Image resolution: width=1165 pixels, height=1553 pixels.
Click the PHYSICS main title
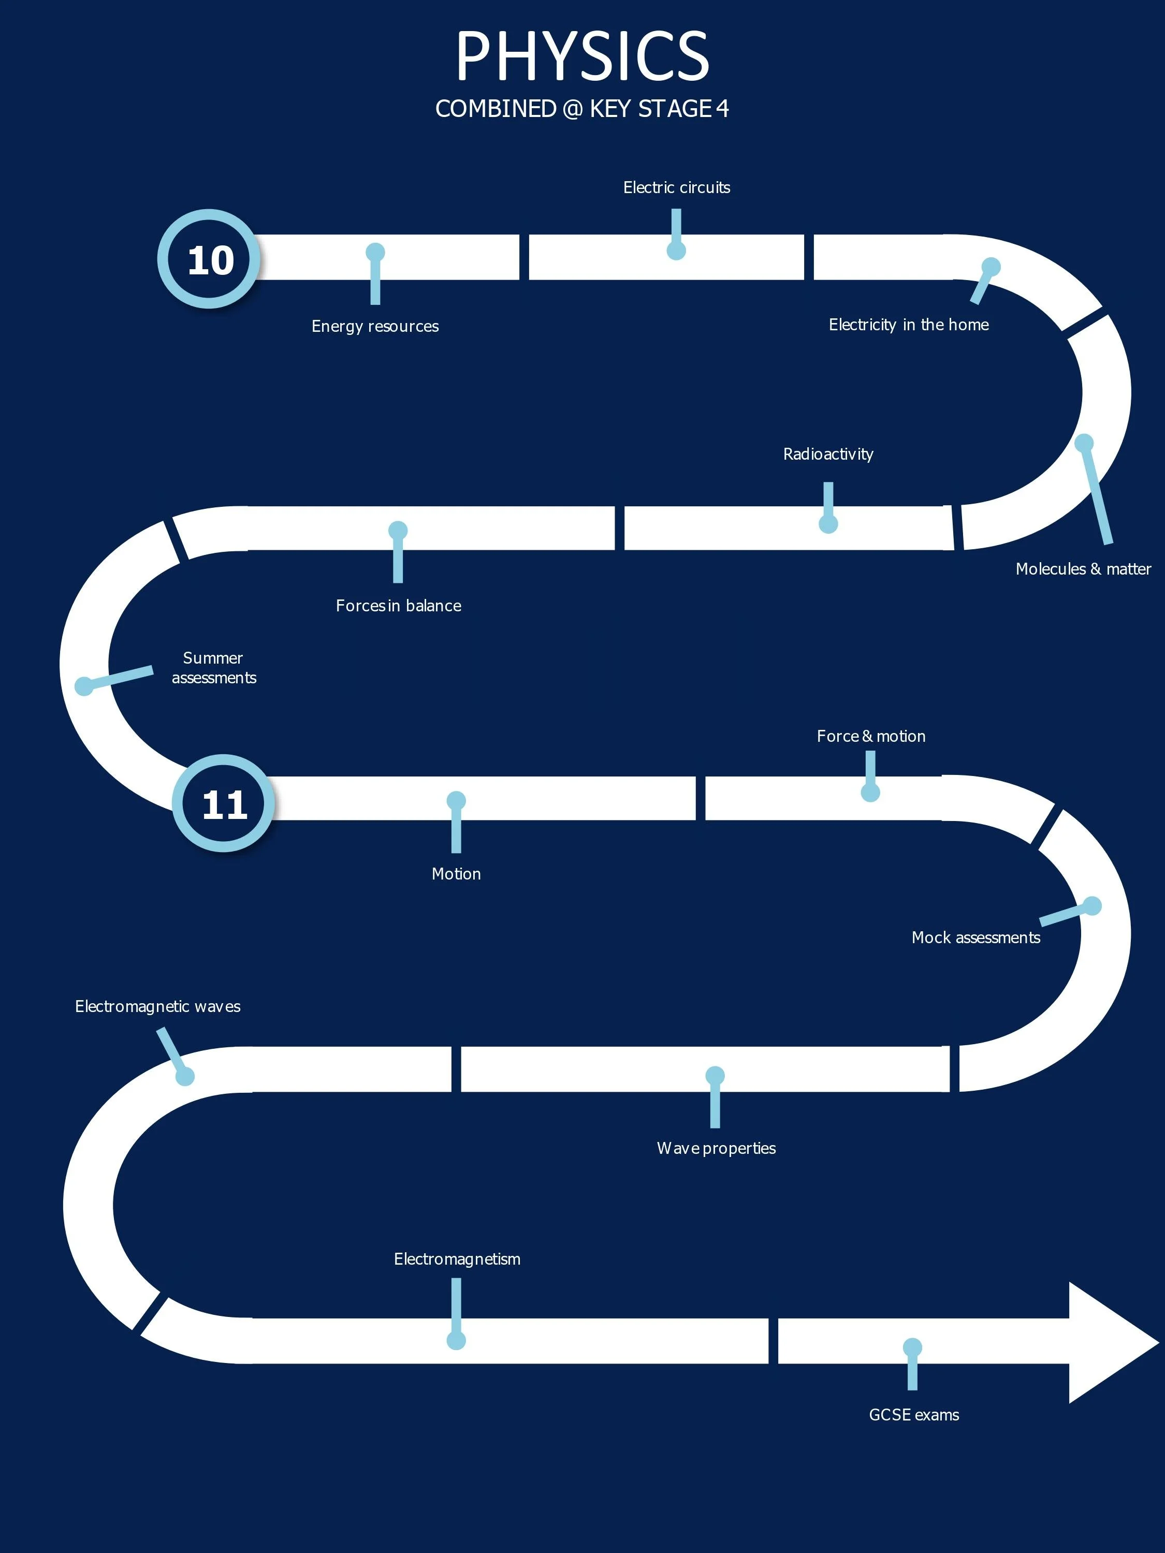pyautogui.click(x=582, y=56)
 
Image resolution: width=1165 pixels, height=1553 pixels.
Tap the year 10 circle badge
pyautogui.click(x=209, y=259)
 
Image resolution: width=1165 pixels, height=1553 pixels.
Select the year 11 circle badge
pyautogui.click(x=223, y=803)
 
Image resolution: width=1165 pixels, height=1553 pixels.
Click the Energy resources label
pyautogui.click(x=375, y=326)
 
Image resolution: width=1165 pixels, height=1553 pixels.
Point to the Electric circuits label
pyautogui.click(x=676, y=187)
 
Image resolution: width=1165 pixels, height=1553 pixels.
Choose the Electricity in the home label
pyautogui.click(x=909, y=325)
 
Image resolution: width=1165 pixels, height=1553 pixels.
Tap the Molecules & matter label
pyautogui.click(x=1083, y=569)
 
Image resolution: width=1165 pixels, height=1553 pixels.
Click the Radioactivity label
pyautogui.click(x=828, y=454)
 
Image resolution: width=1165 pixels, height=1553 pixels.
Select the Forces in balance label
pyautogui.click(x=398, y=605)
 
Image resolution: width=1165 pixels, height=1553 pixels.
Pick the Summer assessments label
pyautogui.click(x=213, y=668)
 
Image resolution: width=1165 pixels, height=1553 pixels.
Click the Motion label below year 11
pyautogui.click(x=456, y=873)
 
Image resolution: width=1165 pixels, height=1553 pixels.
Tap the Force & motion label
pyautogui.click(x=871, y=736)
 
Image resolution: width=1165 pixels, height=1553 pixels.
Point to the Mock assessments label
pyautogui.click(x=975, y=937)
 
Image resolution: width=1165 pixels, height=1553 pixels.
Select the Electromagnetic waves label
pyautogui.click(x=157, y=1006)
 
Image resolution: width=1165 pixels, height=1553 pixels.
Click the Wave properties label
pyautogui.click(x=716, y=1148)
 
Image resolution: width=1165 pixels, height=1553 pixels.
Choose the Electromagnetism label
pyautogui.click(x=457, y=1259)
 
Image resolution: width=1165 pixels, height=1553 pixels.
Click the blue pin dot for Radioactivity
pyautogui.click(x=828, y=524)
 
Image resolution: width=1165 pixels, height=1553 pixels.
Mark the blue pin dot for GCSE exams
pyautogui.click(x=912, y=1347)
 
